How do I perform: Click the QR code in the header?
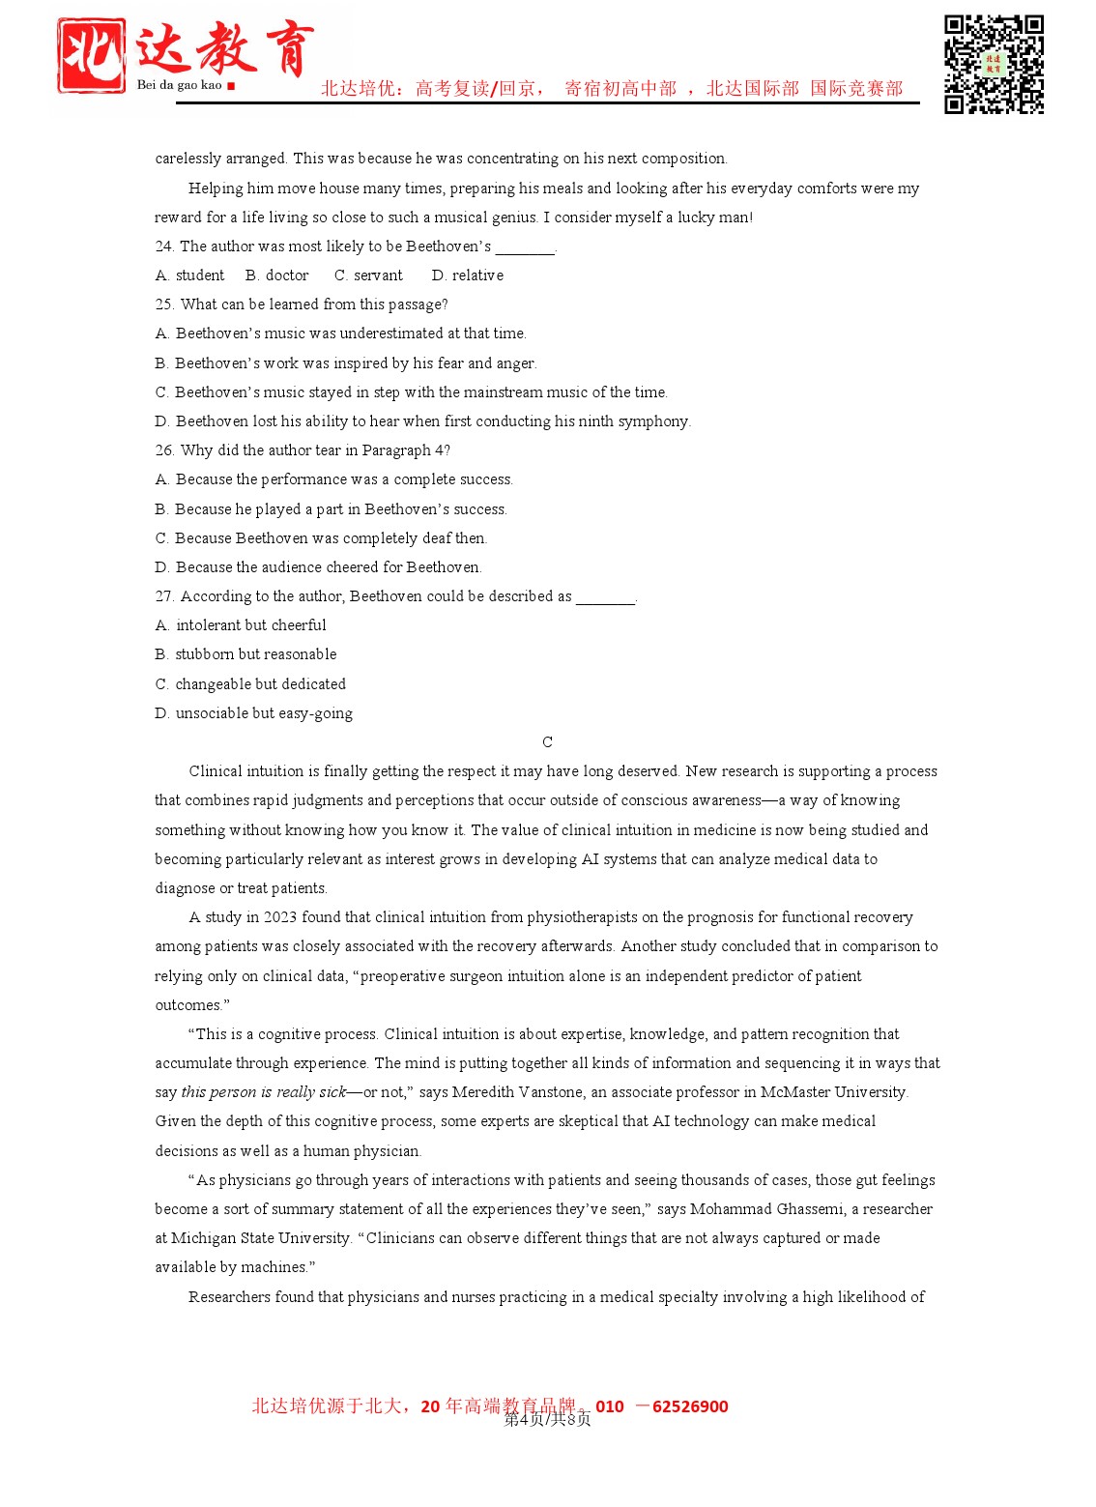[994, 64]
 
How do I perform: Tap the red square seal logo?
[90, 55]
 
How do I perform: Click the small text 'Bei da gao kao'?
[180, 85]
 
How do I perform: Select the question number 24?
[163, 246]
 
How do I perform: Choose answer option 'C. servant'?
[368, 275]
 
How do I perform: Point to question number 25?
[163, 304]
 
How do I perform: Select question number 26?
[163, 450]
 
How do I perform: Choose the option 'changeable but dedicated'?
[260, 684]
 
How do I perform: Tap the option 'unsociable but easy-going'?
[264, 713]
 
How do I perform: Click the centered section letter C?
[547, 742]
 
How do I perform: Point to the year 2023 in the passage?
[279, 917]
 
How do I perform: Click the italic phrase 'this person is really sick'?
[263, 1092]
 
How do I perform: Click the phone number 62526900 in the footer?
[690, 1406]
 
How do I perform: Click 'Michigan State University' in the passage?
[260, 1238]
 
